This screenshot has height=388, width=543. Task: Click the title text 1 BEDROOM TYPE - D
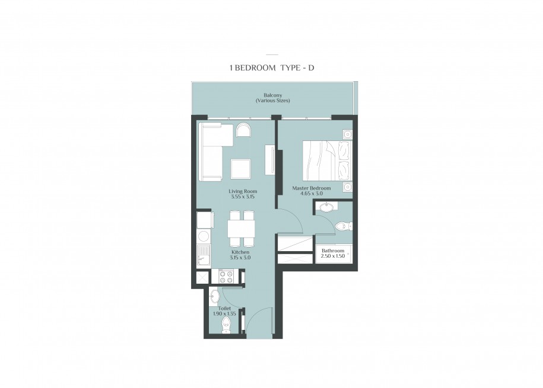click(x=272, y=68)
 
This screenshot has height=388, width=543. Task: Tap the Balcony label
click(x=272, y=95)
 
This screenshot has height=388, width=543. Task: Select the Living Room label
click(x=243, y=191)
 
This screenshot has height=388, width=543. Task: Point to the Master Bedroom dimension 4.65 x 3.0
click(x=312, y=194)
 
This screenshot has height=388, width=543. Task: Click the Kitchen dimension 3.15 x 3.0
click(x=240, y=258)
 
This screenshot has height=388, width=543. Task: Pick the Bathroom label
click(x=333, y=251)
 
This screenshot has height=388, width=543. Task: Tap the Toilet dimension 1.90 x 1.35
click(x=224, y=314)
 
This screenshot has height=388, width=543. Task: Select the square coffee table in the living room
click(x=241, y=169)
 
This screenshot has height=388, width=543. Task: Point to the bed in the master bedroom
click(x=328, y=161)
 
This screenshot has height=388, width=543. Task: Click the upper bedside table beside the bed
click(x=347, y=134)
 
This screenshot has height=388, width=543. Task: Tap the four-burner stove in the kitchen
click(x=226, y=276)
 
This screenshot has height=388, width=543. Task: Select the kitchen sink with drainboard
click(x=204, y=255)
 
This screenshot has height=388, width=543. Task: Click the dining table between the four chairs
click(x=242, y=229)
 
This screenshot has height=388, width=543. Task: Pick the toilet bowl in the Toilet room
click(x=226, y=326)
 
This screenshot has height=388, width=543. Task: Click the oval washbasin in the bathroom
click(x=326, y=207)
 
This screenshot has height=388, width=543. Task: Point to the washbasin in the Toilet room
click(x=214, y=296)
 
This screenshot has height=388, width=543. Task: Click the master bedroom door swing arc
click(x=295, y=218)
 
